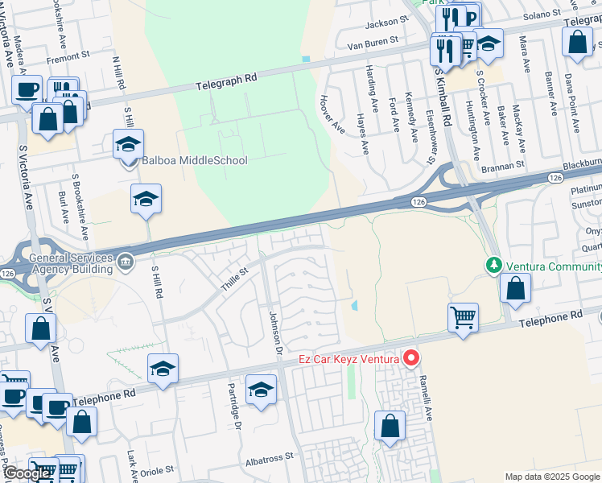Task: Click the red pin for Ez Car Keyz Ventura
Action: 411,357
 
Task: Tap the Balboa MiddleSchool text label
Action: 194,160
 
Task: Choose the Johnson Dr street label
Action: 274,332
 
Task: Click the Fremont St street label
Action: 68,57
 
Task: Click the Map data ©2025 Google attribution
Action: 551,477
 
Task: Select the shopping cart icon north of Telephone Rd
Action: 463,318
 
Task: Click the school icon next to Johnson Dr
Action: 261,390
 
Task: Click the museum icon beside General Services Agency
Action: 126,262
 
